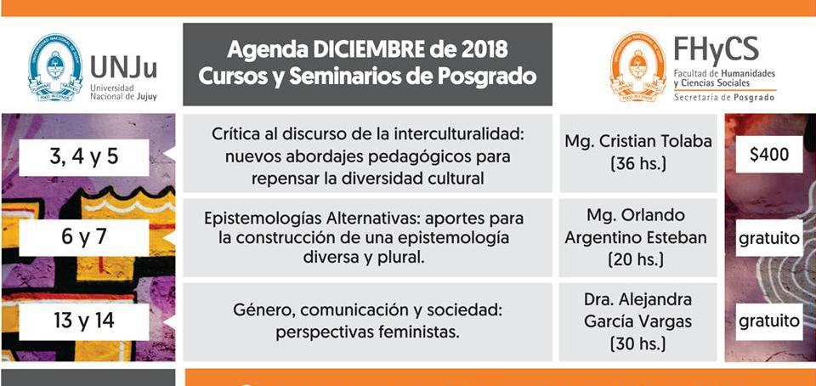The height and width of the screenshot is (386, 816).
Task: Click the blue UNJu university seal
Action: [x=55, y=66]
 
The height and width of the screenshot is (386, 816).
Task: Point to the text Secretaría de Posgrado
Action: [x=724, y=98]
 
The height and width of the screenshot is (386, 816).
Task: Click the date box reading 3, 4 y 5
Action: [x=84, y=157]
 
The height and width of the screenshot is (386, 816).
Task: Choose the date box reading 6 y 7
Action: [x=84, y=238]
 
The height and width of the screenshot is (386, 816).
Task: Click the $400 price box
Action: [x=769, y=155]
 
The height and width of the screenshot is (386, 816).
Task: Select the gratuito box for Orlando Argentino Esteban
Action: [x=769, y=238]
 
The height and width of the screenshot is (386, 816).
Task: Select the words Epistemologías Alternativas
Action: [x=292, y=217]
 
